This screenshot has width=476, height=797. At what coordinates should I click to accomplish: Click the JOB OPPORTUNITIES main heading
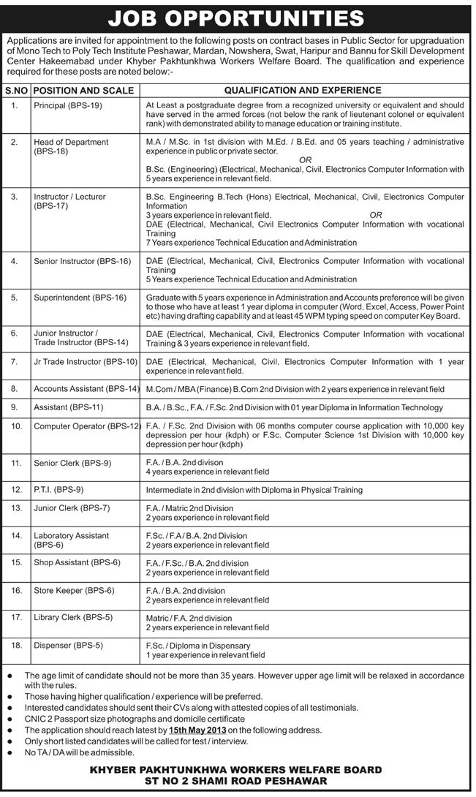pos(238,15)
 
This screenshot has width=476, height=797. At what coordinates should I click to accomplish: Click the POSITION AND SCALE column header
pos(83,90)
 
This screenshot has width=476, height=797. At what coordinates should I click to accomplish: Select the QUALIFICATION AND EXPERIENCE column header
pos(303,90)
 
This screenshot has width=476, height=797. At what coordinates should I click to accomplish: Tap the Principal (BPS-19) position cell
pos(68,106)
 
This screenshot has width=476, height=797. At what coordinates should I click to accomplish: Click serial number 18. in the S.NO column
pos(15,646)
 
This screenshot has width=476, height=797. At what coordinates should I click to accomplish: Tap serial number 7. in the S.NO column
pos(15,362)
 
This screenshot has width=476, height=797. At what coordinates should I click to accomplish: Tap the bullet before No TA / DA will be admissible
pos(8,752)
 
